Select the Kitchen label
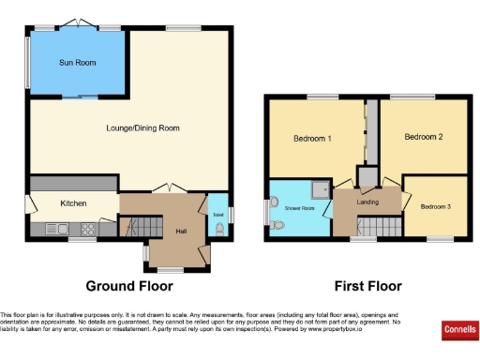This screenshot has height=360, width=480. (x=74, y=202)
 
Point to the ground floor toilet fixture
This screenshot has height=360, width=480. (x=219, y=226)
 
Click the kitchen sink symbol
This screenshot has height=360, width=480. (x=54, y=228)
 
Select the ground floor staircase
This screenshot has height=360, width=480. (x=134, y=226)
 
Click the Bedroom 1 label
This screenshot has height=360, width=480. (x=312, y=139)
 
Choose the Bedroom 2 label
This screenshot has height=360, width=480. (x=423, y=137)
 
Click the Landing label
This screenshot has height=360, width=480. (x=367, y=201)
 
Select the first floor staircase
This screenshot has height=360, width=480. (x=378, y=225)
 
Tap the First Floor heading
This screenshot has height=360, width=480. (x=368, y=285)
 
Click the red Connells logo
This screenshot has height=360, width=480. (x=458, y=331)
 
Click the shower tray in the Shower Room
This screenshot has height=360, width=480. (x=322, y=189)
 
